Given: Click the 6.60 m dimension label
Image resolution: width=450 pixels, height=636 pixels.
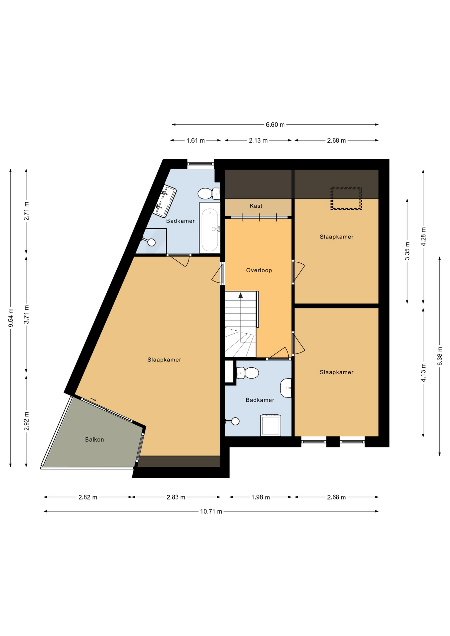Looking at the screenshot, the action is pyautogui.click(x=275, y=125).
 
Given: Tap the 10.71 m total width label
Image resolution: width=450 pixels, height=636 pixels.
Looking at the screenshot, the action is pyautogui.click(x=211, y=511).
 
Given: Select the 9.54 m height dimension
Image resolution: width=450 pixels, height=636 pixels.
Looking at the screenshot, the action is pyautogui.click(x=11, y=318).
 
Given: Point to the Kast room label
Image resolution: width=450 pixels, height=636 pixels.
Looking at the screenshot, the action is pyautogui.click(x=256, y=206).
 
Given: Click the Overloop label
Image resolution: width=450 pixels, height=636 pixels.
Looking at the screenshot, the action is pyautogui.click(x=259, y=270).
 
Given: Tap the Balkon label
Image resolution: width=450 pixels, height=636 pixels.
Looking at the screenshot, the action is pyautogui.click(x=94, y=440).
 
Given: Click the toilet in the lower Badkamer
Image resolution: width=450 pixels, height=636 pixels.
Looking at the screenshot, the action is pyautogui.click(x=248, y=373).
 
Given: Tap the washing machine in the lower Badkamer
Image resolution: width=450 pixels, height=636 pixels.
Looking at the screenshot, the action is pyautogui.click(x=271, y=425).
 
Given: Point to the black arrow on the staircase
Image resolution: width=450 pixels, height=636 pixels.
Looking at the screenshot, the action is pyautogui.click(x=241, y=295).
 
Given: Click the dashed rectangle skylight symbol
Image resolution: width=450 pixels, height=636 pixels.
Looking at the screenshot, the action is pyautogui.click(x=346, y=198).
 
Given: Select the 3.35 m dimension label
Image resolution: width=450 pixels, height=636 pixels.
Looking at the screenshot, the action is pyautogui.click(x=407, y=251).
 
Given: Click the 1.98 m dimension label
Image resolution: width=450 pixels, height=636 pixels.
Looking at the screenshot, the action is pyautogui.click(x=260, y=497).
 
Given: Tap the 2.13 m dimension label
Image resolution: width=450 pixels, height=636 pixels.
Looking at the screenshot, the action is pyautogui.click(x=258, y=140).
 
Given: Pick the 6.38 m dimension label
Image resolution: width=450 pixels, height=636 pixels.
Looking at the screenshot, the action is pyautogui.click(x=440, y=356).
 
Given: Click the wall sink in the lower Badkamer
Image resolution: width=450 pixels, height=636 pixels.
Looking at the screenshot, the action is pyautogui.click(x=286, y=388).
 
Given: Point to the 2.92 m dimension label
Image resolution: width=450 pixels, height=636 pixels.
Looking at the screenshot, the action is pyautogui.click(x=27, y=421).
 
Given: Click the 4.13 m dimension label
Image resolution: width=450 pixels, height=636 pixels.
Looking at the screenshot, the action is pyautogui.click(x=423, y=372).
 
